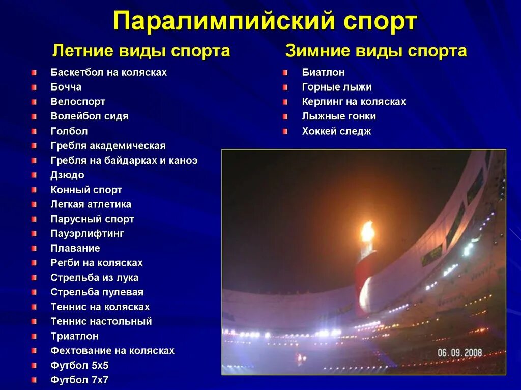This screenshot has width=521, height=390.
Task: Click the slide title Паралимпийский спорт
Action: coord(265,22)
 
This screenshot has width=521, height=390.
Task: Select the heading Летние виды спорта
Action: coord(141,51)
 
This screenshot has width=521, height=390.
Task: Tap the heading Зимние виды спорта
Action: coord(376,51)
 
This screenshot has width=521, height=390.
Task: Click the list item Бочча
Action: coord(66,87)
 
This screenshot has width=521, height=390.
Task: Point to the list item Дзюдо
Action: coord(67,175)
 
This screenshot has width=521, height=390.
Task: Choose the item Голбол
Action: coord(69,131)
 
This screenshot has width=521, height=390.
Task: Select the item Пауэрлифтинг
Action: coord(87,234)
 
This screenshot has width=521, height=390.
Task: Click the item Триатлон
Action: coord(74,336)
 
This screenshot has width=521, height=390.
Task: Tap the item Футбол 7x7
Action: coord(79,380)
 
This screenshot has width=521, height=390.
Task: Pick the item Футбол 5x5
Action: coord(79,365)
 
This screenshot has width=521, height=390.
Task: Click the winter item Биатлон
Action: coord(323,72)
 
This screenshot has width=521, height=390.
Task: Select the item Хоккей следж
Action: coord(336,131)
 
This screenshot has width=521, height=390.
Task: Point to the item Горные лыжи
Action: coord(337,87)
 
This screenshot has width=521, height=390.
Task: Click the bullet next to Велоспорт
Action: coord(34,102)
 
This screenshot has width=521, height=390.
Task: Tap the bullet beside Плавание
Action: coord(34,249)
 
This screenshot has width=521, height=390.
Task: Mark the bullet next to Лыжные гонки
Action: coord(285,116)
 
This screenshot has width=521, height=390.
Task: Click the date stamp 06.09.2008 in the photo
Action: coord(459,352)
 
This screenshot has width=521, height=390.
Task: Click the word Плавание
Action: coord(75,249)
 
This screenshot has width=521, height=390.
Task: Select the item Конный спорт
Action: coord(86,190)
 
